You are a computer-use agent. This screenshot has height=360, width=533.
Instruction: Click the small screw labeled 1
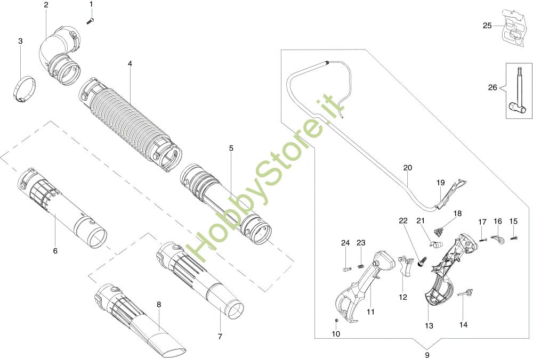pos(90,20)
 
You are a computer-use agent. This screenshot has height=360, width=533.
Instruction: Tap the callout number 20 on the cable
pos(408,168)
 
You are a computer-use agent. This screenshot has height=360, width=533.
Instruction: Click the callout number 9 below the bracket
pos(427,354)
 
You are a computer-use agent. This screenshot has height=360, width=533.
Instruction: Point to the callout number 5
pos(231,149)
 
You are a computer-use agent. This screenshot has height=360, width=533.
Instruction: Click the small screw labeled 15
pos(515,238)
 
